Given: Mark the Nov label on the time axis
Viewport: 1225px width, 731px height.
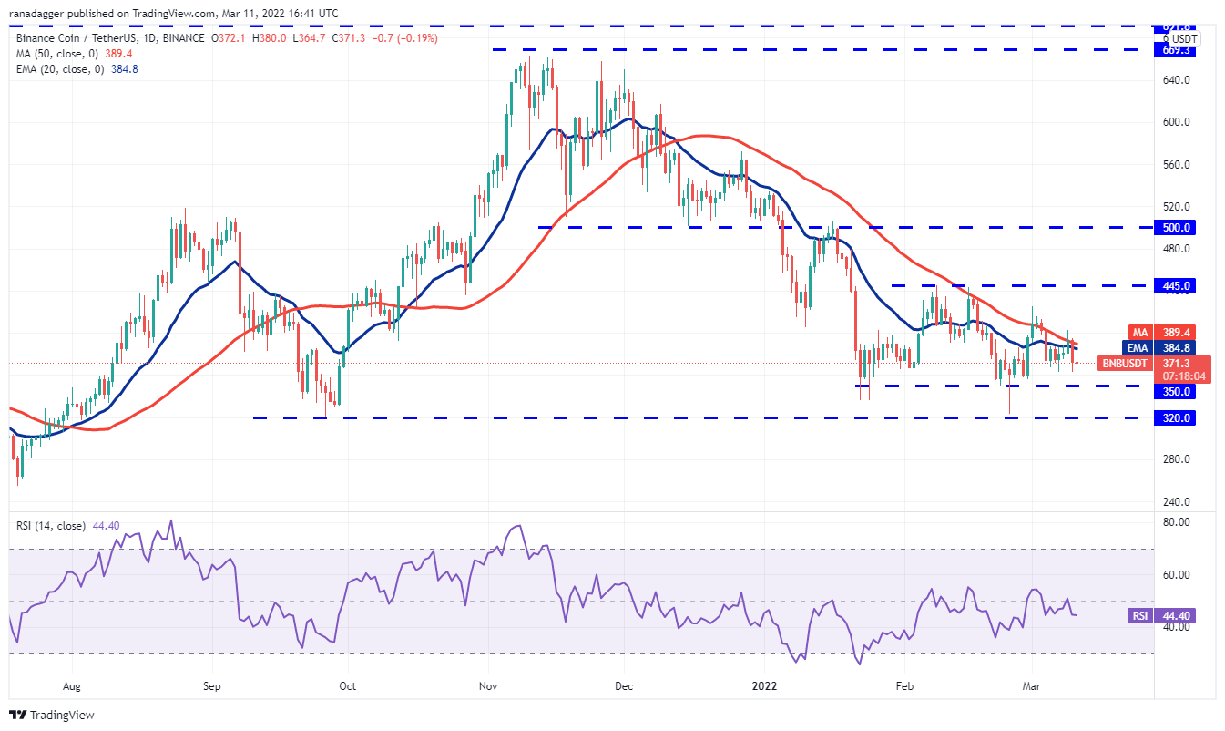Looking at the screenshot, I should [489, 685].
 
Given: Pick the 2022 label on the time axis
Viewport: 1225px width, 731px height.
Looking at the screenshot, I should [761, 685].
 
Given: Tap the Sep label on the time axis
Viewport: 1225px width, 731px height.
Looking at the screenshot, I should [211, 685].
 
